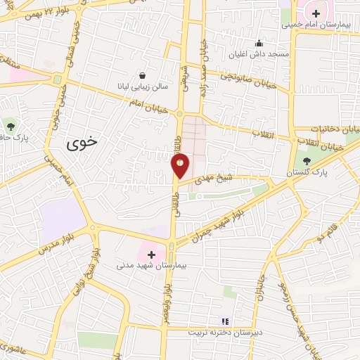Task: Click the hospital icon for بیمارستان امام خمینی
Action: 316,13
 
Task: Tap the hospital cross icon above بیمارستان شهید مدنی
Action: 151,254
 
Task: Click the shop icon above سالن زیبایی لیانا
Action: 143,75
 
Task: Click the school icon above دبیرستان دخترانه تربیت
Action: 224,320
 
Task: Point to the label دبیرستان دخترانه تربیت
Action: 224,331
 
